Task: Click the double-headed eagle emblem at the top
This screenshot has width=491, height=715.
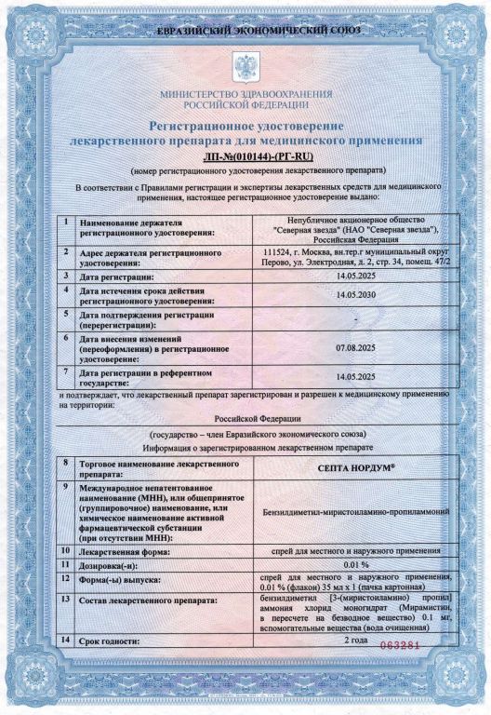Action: [x=246, y=67]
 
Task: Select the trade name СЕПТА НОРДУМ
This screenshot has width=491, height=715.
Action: [x=355, y=467]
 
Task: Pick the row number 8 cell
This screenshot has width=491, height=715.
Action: [x=65, y=463]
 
